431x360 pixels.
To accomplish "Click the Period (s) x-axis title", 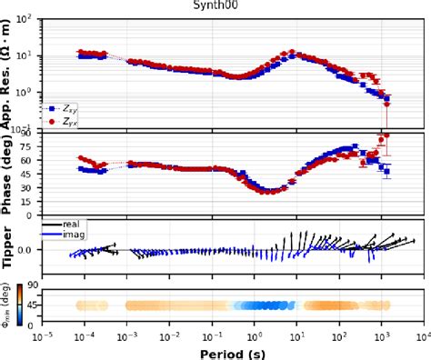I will [230, 352].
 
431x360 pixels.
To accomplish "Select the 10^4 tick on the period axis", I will [421, 335].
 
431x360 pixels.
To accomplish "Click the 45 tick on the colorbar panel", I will [31, 305].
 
